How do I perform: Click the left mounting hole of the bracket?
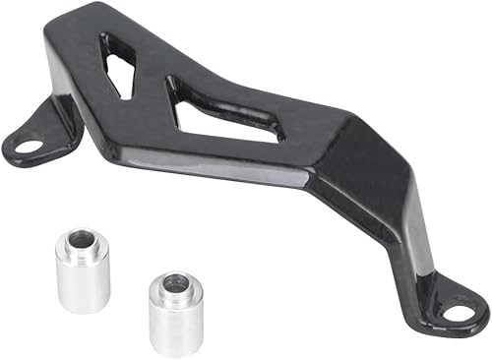(29, 146)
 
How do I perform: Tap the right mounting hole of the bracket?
(460, 314)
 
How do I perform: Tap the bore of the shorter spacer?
(173, 283)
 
